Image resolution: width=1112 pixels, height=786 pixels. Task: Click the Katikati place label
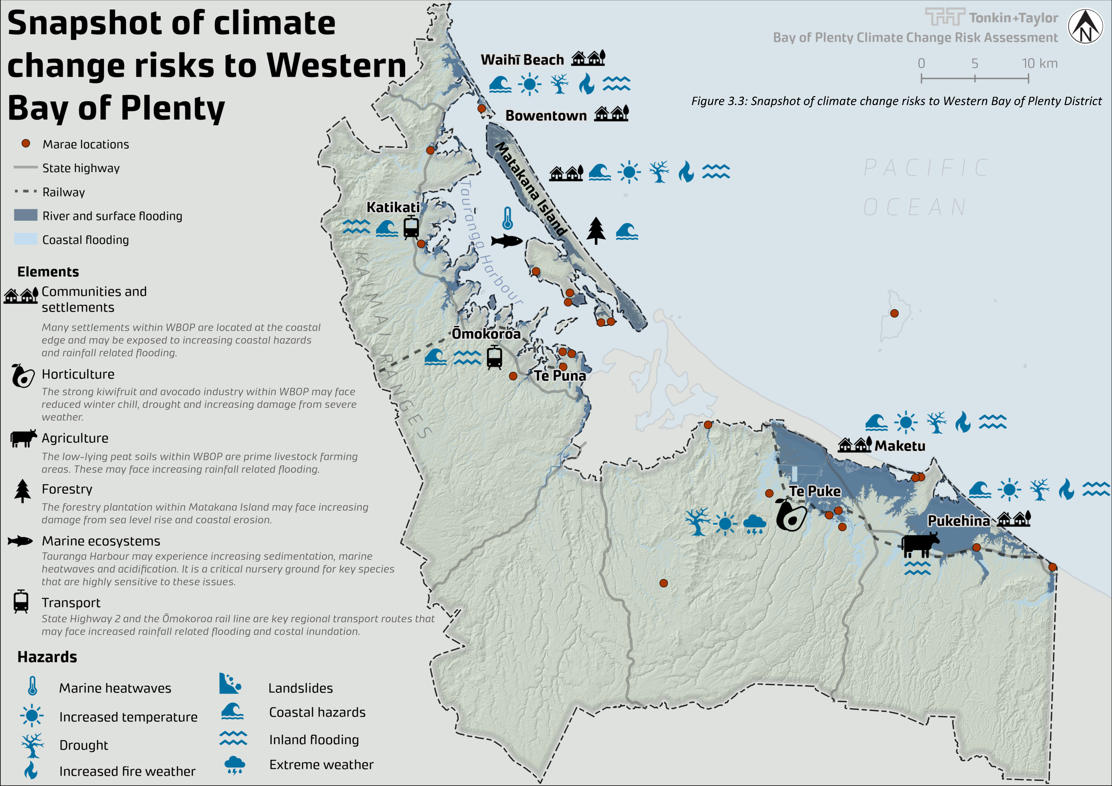click(393, 207)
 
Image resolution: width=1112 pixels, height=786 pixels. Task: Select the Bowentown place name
click(546, 116)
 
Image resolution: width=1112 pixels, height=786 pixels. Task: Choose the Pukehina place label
click(958, 521)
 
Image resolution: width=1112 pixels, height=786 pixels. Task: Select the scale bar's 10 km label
click(1039, 63)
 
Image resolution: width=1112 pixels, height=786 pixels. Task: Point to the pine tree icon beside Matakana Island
click(596, 230)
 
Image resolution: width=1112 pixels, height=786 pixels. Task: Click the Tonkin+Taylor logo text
click(1013, 18)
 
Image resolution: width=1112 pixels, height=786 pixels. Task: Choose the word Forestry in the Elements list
click(67, 489)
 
